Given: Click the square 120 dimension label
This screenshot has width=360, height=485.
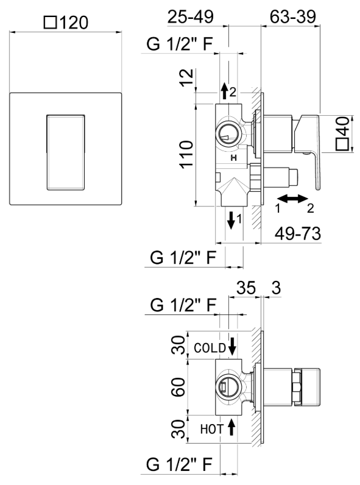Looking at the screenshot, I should pyautogui.click(x=66, y=23).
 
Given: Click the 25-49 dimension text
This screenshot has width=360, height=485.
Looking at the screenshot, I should pyautogui.click(x=190, y=16).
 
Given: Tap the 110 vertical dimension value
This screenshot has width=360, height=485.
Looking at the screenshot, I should pyautogui.click(x=186, y=156).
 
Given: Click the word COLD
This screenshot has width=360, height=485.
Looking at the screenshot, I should pyautogui.click(x=210, y=347).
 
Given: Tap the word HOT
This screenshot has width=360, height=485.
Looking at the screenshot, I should pyautogui.click(x=212, y=429).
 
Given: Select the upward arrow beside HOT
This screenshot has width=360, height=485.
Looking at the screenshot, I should pyautogui.click(x=231, y=428).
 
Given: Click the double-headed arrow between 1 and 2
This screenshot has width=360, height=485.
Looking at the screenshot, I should pyautogui.click(x=292, y=198).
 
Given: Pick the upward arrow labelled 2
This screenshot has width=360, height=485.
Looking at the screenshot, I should pyautogui.click(x=225, y=91).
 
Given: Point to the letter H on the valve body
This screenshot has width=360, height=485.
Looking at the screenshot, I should pyautogui.click(x=233, y=158).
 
